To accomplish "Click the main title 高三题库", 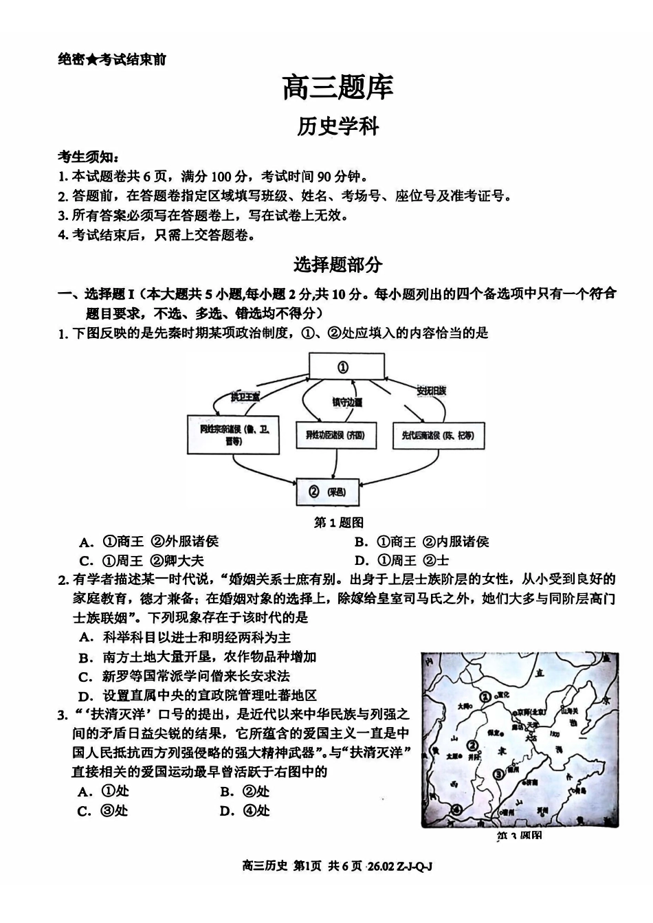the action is [x=337, y=87].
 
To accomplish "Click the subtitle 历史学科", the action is [x=337, y=126].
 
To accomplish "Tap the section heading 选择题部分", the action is [x=337, y=264].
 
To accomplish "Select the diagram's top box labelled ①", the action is [x=342, y=367].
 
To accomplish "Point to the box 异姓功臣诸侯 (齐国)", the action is [x=335, y=435].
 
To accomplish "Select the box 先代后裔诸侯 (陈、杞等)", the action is [x=433, y=435].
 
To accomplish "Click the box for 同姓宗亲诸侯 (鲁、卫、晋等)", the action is [x=234, y=434].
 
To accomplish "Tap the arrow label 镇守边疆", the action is [x=347, y=402].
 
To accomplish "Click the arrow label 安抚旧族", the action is [x=432, y=390].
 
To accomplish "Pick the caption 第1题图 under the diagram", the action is [x=338, y=523].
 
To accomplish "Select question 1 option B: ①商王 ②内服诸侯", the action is [x=423, y=542].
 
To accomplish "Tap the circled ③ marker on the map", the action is [x=498, y=775].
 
